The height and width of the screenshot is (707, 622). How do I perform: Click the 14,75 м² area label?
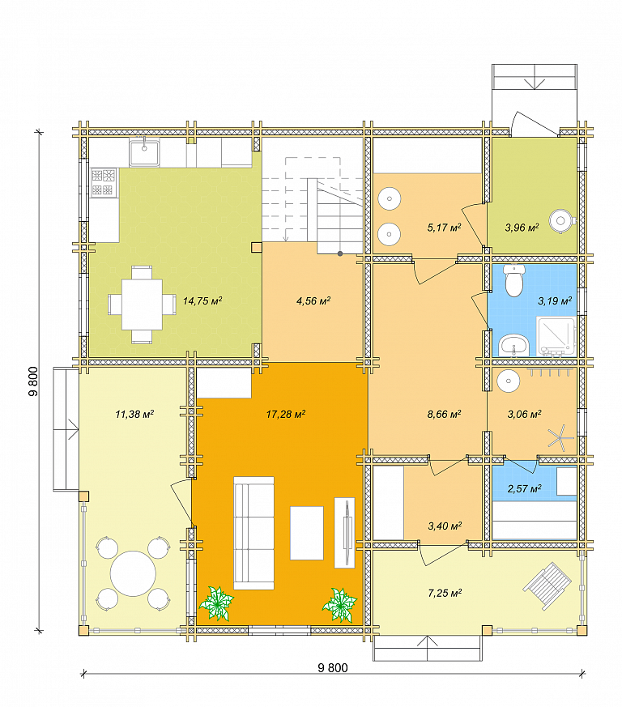tap(202, 300)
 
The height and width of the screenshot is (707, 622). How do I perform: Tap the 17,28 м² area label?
tap(286, 414)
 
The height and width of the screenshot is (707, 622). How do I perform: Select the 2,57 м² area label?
tap(524, 489)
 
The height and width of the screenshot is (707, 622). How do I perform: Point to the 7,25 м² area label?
tap(445, 593)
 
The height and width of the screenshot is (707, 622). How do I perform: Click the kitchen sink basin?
tap(144, 153)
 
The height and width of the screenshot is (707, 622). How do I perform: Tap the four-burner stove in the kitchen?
tap(104, 182)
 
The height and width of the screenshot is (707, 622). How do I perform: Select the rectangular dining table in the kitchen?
tap(142, 305)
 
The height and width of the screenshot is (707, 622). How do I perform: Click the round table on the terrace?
tap(133, 573)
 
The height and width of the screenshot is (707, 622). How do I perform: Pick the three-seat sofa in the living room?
tap(254, 533)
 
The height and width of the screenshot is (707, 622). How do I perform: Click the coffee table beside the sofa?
tap(307, 533)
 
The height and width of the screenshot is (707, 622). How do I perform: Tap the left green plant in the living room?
tap(216, 603)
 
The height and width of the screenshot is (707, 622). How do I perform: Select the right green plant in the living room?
tap(339, 605)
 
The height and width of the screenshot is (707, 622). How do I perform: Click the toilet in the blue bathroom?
tap(514, 280)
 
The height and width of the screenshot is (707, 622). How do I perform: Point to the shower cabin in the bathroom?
tap(556, 336)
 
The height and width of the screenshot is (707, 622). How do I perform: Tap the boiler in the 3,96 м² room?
tap(562, 221)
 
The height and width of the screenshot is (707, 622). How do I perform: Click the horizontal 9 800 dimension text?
tap(333, 668)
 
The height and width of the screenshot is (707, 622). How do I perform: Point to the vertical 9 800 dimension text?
tap(33, 381)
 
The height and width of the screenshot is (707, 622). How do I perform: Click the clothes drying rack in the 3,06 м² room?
tap(560, 437)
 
